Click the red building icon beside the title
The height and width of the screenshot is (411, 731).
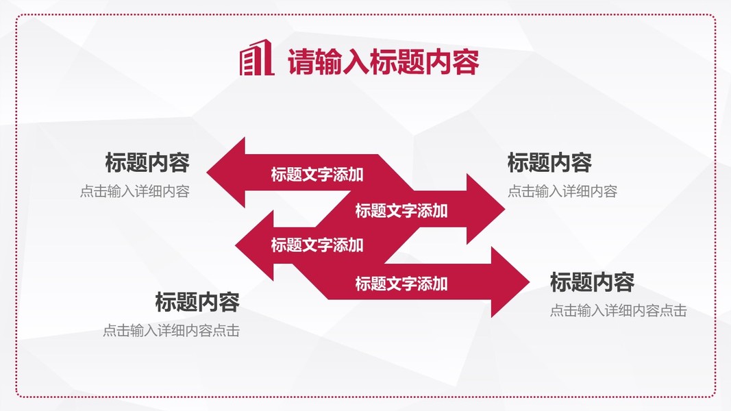[256, 59]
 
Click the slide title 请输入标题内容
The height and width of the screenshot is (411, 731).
[382, 62]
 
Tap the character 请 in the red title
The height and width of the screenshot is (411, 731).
[299, 62]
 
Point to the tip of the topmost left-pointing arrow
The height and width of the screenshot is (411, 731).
[208, 172]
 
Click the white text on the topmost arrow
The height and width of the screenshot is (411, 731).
[317, 175]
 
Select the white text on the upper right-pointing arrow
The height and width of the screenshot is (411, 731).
[401, 210]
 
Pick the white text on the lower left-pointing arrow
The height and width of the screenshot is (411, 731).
[317, 245]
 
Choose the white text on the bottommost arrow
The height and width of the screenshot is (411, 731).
[401, 283]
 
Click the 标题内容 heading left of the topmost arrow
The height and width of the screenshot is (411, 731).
[147, 163]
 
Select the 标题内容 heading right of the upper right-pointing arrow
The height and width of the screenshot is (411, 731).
[549, 163]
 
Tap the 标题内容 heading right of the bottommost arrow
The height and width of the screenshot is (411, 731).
[592, 282]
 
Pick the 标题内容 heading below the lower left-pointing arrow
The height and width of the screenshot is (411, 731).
[197, 301]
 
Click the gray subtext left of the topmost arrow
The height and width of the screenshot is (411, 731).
[134, 192]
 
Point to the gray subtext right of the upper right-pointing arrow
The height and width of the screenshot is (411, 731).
[562, 192]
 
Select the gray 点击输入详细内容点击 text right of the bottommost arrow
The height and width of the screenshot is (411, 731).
[618, 311]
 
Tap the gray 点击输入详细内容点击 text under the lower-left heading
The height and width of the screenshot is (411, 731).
[171, 331]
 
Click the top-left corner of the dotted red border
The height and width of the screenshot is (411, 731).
[17, 16]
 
